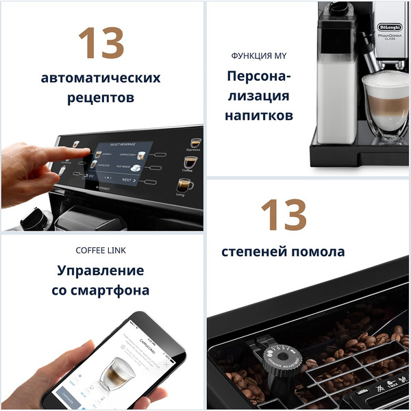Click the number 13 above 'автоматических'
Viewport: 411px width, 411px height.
[101, 44]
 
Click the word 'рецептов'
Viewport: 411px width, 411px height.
[101, 98]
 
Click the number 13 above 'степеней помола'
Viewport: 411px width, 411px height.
[283, 214]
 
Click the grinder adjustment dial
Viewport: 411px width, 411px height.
[282, 358]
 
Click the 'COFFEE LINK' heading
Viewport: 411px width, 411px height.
[101, 250]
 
